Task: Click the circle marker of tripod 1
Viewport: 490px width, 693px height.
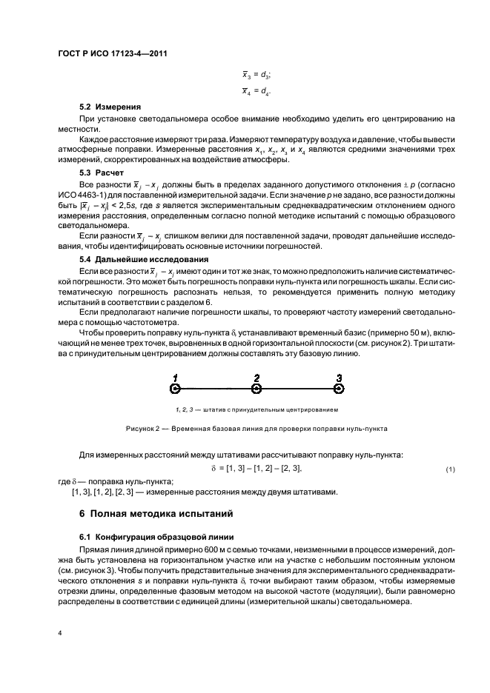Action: click(174, 388)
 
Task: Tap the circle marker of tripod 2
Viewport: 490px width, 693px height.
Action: click(256, 388)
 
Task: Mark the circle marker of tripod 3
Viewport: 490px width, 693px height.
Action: click(339, 388)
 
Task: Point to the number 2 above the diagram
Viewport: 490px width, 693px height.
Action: click(256, 377)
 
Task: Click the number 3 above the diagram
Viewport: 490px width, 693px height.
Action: click(339, 377)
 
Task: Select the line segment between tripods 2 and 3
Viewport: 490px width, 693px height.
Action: click(297, 388)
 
